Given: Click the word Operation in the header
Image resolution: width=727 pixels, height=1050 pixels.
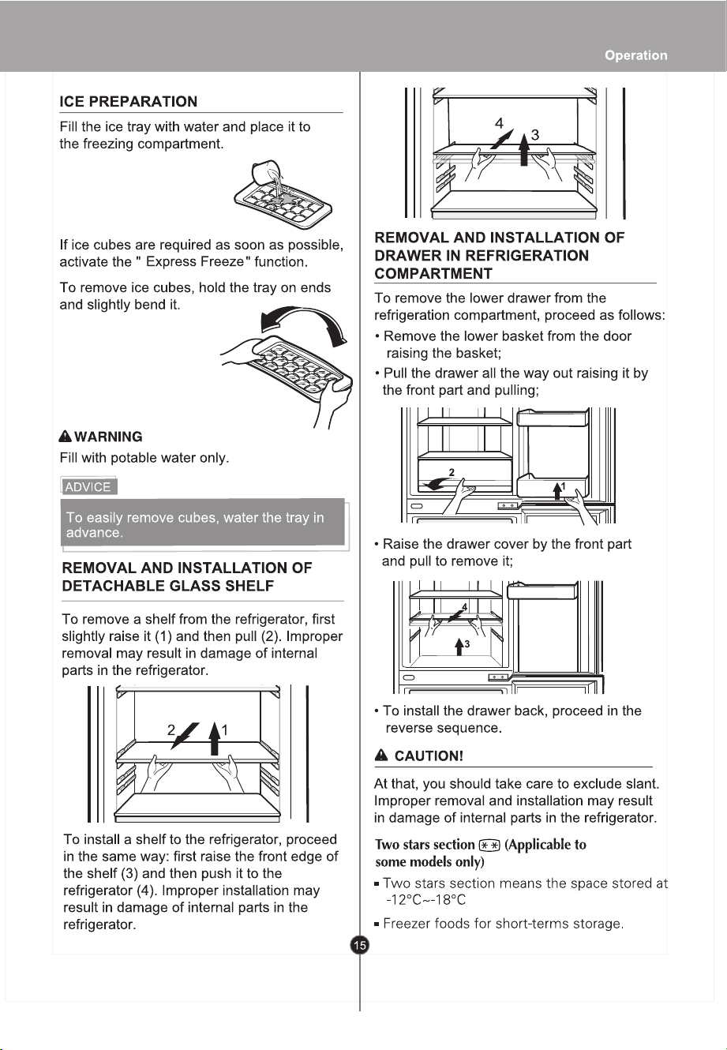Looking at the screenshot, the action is point(635,55).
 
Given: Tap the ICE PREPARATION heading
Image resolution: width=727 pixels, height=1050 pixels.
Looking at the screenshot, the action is point(129,101).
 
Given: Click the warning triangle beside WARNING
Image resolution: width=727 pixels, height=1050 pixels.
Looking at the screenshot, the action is point(66,437).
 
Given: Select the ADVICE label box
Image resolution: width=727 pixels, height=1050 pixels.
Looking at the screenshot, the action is point(88,486).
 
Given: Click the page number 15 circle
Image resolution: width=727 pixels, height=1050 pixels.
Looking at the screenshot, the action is point(359,945).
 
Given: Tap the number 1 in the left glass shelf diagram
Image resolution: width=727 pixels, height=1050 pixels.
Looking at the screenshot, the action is point(225,729).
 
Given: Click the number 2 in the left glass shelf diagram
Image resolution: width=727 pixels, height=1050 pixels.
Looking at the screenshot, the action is point(171,729).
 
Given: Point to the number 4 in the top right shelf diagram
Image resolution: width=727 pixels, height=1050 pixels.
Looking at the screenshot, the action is point(499,123).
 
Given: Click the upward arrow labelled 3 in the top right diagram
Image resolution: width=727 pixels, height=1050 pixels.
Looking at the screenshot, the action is point(524,148).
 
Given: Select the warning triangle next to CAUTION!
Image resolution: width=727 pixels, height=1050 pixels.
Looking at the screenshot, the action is point(381,756).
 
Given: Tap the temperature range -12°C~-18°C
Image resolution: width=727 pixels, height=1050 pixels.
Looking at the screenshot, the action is point(425,899).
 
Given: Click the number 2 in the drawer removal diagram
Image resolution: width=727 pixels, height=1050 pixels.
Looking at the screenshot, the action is point(452,472).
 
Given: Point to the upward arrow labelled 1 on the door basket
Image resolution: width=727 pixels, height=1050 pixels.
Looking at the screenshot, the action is point(557,491).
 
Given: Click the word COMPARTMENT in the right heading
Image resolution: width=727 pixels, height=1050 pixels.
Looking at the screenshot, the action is point(433,273).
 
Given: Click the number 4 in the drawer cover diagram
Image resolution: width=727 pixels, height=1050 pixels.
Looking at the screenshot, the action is point(464,607).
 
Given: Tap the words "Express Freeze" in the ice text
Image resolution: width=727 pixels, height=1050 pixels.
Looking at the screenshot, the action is point(195,261).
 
